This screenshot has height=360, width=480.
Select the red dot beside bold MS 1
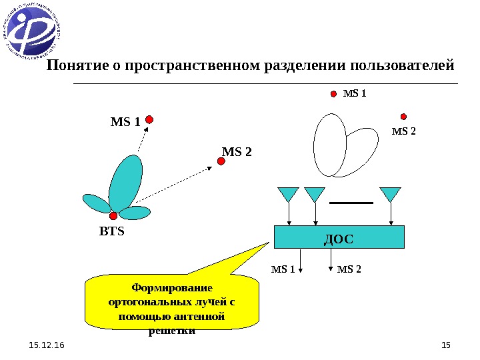click(x=150, y=120)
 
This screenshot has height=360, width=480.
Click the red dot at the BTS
click(x=113, y=215)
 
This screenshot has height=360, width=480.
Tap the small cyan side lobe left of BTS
click(x=95, y=203)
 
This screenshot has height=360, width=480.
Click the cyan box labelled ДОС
click(x=339, y=237)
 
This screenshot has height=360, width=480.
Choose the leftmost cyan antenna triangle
click(x=288, y=194)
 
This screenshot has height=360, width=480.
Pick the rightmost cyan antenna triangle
click(x=390, y=194)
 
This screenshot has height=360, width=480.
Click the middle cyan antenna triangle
click(x=314, y=194)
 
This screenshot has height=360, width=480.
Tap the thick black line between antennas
click(x=351, y=202)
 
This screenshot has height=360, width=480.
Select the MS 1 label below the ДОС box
click(x=283, y=269)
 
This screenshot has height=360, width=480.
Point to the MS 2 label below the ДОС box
click(x=349, y=269)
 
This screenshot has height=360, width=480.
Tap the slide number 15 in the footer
click(x=446, y=345)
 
